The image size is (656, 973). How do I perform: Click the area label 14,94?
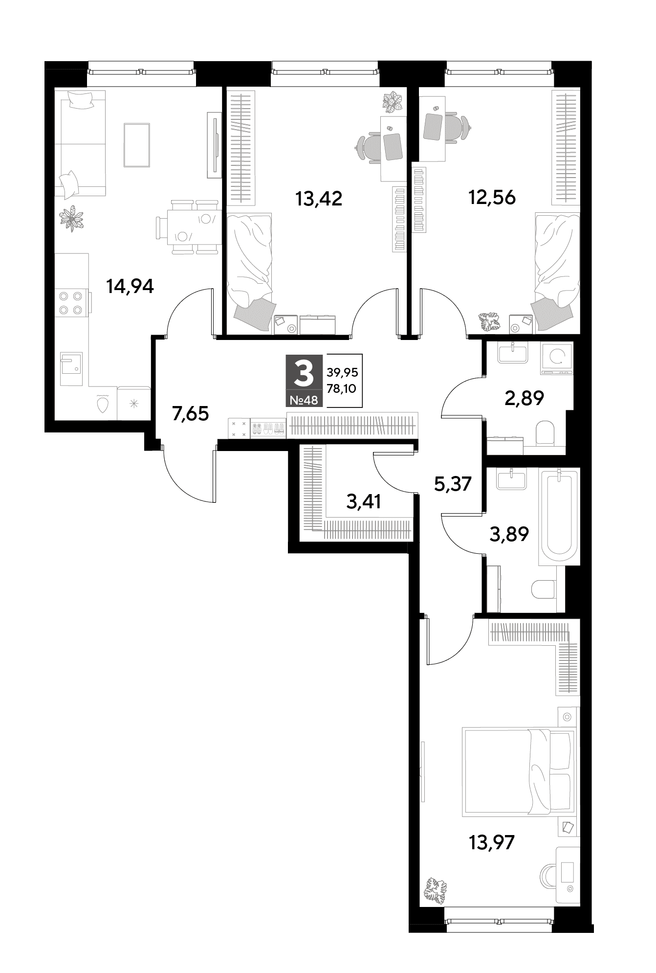pos(130,286)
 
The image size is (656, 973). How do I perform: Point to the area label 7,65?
pos(190,414)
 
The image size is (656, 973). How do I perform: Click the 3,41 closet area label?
pos(363,501)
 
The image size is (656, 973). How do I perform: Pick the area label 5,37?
pos(453,484)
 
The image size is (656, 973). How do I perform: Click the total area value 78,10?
pos(342,389)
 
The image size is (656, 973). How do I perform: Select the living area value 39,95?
pos(342,372)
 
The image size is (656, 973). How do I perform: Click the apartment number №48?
pos(304,400)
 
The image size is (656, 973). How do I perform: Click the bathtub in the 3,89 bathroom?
pos(559,517)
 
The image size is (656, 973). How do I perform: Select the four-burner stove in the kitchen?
pos(71,303)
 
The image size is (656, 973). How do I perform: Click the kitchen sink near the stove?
pos(71,368)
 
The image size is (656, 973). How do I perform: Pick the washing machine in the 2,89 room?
pos(557,358)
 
